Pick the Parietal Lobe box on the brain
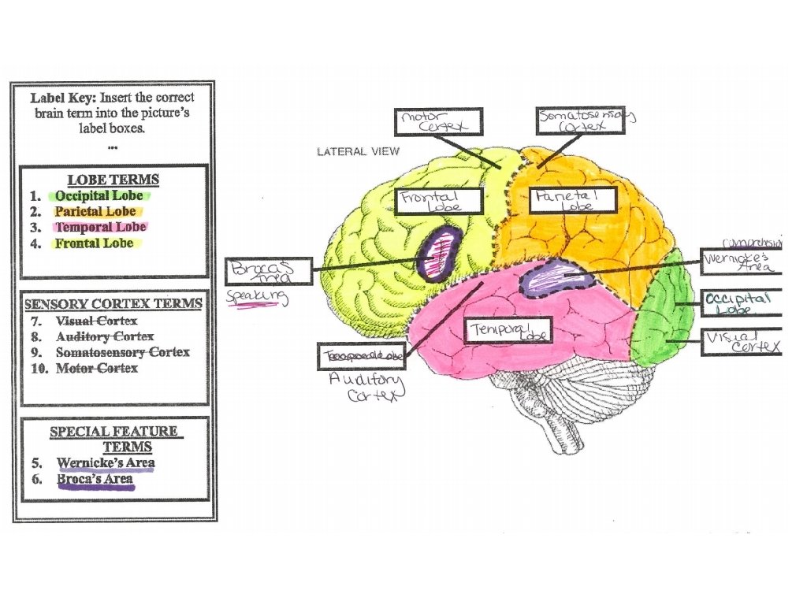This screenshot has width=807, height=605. coord(572,200)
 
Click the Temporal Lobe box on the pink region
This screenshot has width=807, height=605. coord(510,331)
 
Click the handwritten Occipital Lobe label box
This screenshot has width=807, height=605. coord(741,302)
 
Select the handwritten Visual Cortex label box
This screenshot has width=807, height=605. coord(741,342)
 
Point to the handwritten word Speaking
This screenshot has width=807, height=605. coord(257,298)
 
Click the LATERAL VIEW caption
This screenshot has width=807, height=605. coord(358,151)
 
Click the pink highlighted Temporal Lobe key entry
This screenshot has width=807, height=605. coord(99,227)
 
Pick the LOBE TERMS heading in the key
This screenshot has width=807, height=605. coord(113,180)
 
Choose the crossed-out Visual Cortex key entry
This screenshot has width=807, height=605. coord(96,321)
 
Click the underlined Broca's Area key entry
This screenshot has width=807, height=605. coord(95,479)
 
